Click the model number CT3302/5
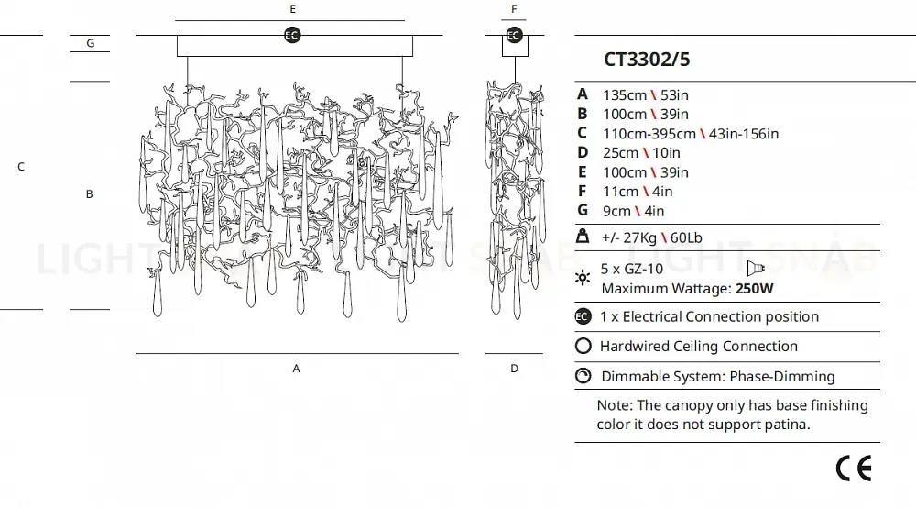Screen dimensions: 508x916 pyautogui.click(x=647, y=61)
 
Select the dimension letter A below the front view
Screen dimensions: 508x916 pyautogui.click(x=296, y=369)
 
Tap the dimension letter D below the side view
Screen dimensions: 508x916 pyautogui.click(x=514, y=369)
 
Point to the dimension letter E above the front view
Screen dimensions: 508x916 pyautogui.click(x=292, y=8)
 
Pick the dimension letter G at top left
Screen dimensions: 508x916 pyautogui.click(x=90, y=43)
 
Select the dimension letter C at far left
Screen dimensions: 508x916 pyautogui.click(x=20, y=167)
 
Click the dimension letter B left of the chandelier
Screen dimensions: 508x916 pyautogui.click(x=90, y=194)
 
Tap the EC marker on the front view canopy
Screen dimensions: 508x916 pyautogui.click(x=292, y=35)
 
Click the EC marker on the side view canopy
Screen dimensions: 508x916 pyautogui.click(x=514, y=35)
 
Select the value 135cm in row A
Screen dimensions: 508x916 pyautogui.click(x=624, y=94)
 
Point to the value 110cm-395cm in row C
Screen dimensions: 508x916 pyautogui.click(x=649, y=134)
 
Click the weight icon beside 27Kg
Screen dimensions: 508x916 pyautogui.click(x=583, y=237)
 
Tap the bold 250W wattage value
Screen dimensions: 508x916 pyautogui.click(x=755, y=289)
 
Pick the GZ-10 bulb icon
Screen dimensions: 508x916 pyautogui.click(x=756, y=268)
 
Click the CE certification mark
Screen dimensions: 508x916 pyautogui.click(x=854, y=468)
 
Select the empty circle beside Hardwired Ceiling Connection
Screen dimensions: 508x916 pyautogui.click(x=583, y=347)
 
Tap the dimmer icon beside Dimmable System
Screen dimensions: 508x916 pyautogui.click(x=583, y=376)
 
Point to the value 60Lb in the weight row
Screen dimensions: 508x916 pyautogui.click(x=686, y=238)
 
